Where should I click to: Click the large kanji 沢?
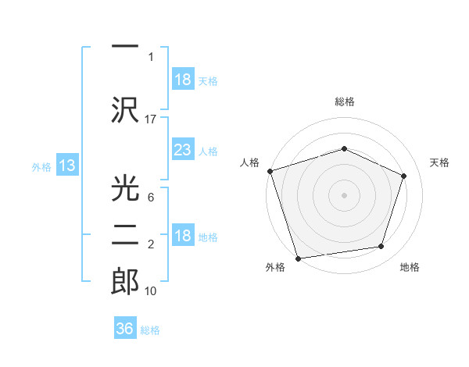click(x=126, y=109)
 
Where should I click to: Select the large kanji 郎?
click(x=126, y=280)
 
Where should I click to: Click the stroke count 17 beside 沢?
click(x=151, y=119)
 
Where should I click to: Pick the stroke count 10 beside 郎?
click(x=151, y=290)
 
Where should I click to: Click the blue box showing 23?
click(x=182, y=151)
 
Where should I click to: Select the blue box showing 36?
click(x=125, y=329)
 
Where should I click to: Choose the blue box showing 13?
click(x=66, y=166)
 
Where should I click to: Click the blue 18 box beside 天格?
click(x=182, y=80)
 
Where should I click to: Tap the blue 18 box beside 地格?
click(x=182, y=237)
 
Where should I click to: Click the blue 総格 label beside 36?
click(x=150, y=330)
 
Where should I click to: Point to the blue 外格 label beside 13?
click(x=41, y=166)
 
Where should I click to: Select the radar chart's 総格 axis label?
click(x=344, y=102)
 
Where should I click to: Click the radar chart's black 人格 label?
click(x=250, y=162)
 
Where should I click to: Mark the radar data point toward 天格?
click(x=404, y=176)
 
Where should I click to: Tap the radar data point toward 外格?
click(x=298, y=257)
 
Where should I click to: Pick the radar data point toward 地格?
click(x=381, y=246)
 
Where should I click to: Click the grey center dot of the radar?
click(x=344, y=194)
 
